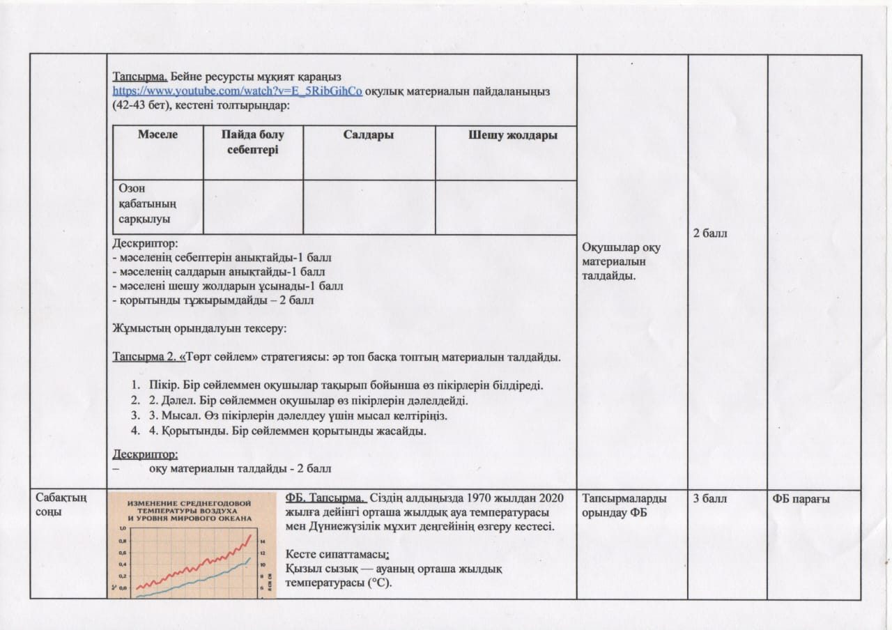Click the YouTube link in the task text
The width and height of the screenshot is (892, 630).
238,91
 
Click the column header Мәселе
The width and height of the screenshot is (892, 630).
157,135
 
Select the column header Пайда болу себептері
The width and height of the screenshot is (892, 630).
253,142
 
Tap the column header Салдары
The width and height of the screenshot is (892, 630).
369,135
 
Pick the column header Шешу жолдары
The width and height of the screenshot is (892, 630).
512,135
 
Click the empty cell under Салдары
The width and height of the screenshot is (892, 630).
369,207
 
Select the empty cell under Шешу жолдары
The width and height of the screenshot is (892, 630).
506,207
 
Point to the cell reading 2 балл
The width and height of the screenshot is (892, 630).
710,233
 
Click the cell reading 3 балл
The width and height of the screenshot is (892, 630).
710,498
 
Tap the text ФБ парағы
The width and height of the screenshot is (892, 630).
801,498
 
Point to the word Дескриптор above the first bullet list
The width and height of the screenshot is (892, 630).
145,245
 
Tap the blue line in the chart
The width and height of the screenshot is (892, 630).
209,576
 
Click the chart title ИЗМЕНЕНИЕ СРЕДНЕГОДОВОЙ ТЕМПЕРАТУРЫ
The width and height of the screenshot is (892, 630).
192,509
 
